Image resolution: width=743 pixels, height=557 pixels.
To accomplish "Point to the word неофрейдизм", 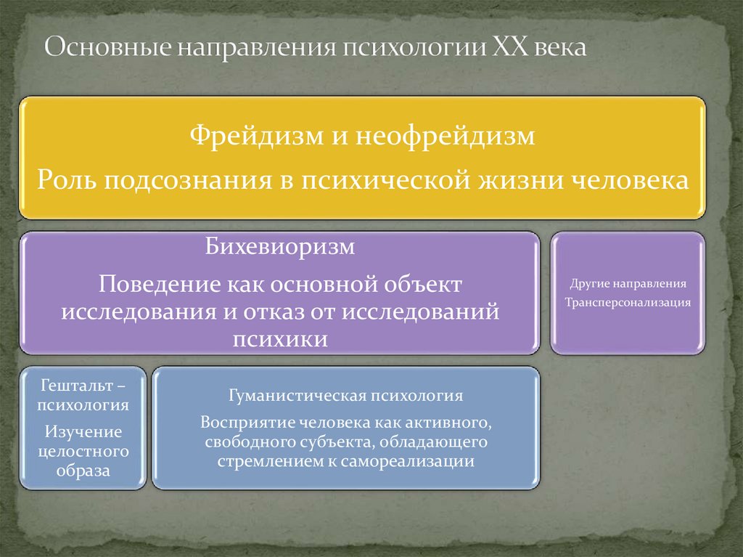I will [445, 137].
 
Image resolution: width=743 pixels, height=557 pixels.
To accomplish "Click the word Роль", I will [67, 179].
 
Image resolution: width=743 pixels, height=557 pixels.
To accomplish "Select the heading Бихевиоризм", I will [279, 246].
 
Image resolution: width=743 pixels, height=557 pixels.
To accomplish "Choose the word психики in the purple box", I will [279, 338].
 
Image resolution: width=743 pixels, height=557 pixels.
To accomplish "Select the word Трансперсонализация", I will [628, 301].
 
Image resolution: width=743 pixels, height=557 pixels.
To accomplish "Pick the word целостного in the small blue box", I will [83, 452].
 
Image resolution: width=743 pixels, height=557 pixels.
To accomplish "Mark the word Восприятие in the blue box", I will [243, 423].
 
